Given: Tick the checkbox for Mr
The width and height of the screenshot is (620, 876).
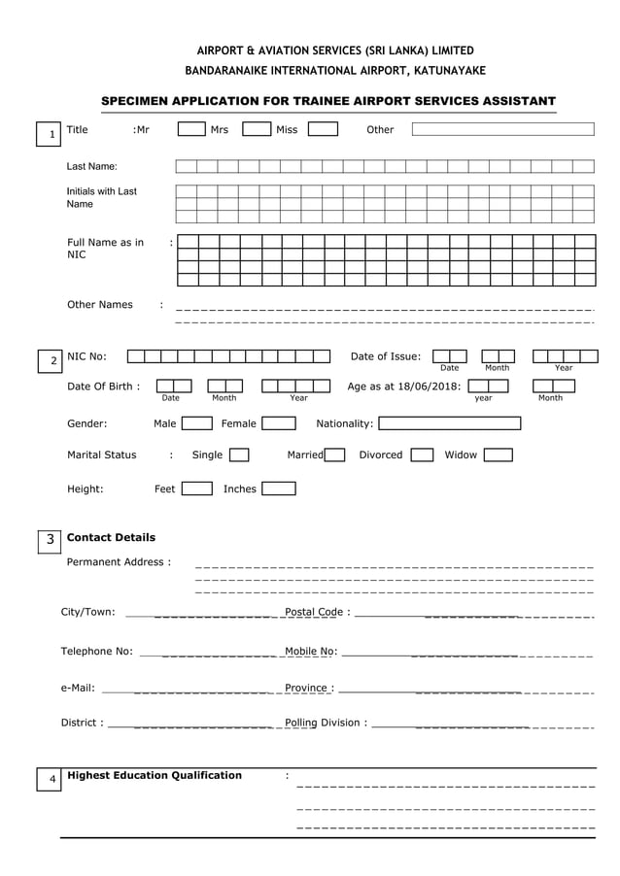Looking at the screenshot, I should click(x=190, y=129).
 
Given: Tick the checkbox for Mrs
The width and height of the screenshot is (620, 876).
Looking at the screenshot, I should click(x=256, y=129).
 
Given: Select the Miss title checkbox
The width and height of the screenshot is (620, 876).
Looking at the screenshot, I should click(x=323, y=129).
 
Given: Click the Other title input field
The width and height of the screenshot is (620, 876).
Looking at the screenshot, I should click(x=502, y=129).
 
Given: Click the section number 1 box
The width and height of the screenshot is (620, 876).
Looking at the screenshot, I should click(x=51, y=134).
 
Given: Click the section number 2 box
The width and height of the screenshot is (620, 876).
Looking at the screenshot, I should click(x=52, y=361).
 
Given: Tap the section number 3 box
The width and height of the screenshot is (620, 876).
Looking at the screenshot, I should click(x=51, y=539).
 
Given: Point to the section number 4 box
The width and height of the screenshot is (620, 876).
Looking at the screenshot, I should click(x=52, y=779).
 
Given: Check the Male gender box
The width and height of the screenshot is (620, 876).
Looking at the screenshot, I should click(x=196, y=423).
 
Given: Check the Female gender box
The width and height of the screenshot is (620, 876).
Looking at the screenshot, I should click(x=279, y=423).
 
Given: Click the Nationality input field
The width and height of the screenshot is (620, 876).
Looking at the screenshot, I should click(x=449, y=423).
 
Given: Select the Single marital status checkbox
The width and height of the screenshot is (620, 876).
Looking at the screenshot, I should click(x=238, y=455).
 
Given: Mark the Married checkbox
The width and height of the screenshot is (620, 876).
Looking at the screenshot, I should click(x=334, y=455).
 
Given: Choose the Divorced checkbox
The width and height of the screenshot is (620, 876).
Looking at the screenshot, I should click(x=422, y=455).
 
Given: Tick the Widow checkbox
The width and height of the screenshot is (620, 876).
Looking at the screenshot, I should click(x=498, y=455).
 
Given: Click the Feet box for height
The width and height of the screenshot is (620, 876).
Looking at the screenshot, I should click(x=196, y=489).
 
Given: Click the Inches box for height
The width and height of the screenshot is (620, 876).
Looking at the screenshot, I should click(x=278, y=489).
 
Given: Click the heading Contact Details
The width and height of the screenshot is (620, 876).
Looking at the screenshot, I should click(x=111, y=537).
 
